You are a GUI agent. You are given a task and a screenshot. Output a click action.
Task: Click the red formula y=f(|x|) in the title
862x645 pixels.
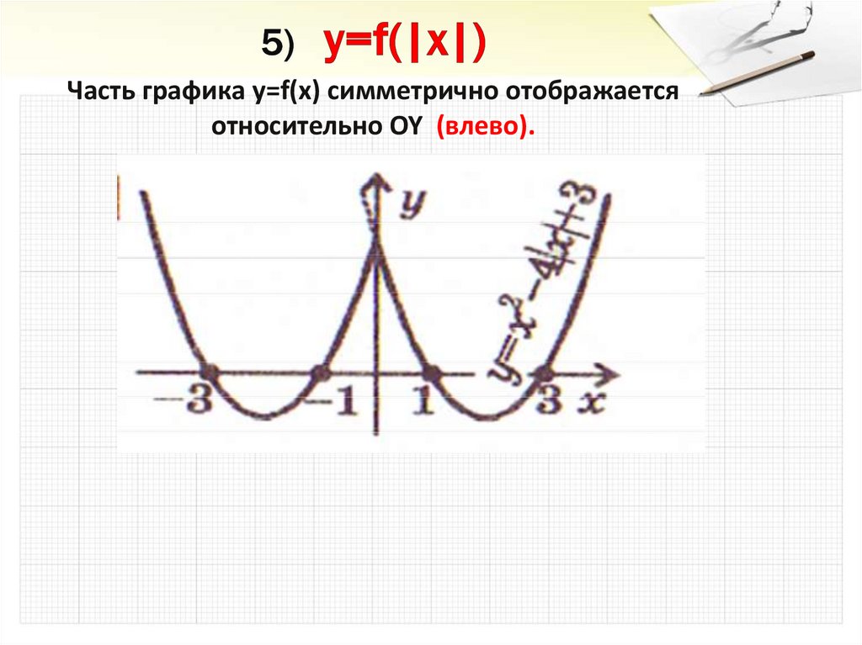[405, 44]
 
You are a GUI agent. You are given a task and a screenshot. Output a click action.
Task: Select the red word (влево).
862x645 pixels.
[485, 126]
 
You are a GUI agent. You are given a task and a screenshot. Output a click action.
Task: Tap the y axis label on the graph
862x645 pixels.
[411, 203]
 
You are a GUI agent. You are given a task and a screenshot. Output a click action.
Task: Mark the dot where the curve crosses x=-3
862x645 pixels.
[210, 372]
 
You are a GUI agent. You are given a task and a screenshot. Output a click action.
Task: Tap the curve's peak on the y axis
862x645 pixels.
[376, 262]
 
